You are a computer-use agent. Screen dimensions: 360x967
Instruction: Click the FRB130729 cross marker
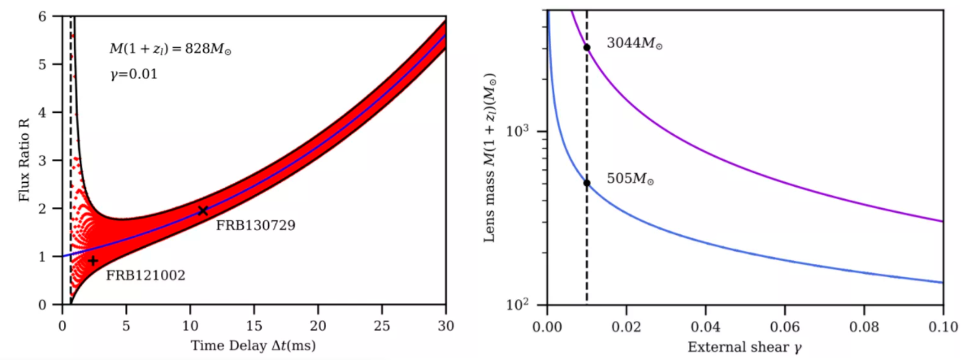click(203, 210)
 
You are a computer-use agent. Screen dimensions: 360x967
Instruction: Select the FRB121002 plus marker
click(93, 261)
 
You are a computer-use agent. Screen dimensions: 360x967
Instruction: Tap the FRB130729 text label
click(255, 225)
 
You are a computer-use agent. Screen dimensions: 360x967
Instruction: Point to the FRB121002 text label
click(145, 275)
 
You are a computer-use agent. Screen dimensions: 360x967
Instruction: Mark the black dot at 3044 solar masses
click(587, 47)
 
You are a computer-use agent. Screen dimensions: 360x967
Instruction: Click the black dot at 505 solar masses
click(587, 183)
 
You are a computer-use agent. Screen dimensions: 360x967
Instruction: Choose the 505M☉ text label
click(631, 180)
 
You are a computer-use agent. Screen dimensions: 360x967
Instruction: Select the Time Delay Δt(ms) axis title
click(254, 345)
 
